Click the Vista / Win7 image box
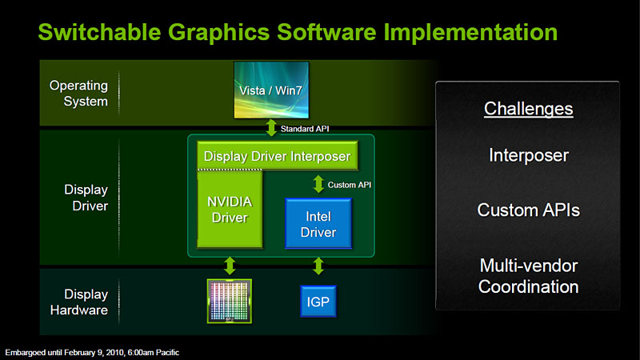click(271, 90)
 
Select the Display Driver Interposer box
click(277, 155)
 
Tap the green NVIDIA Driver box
click(230, 210)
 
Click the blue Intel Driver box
click(318, 224)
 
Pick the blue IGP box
click(318, 302)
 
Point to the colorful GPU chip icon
click(230, 302)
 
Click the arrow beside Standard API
click(271, 128)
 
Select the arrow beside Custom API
click(318, 184)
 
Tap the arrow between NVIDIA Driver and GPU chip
click(230, 266)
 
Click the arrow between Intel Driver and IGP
click(318, 266)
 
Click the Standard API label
click(305, 129)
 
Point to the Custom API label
click(350, 185)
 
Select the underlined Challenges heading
click(529, 109)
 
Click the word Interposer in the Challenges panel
click(529, 155)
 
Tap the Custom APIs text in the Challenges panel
click(529, 210)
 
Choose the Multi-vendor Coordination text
click(529, 276)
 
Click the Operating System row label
click(78, 93)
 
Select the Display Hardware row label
click(79, 302)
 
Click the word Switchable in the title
click(99, 32)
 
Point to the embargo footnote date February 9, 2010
click(94, 352)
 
